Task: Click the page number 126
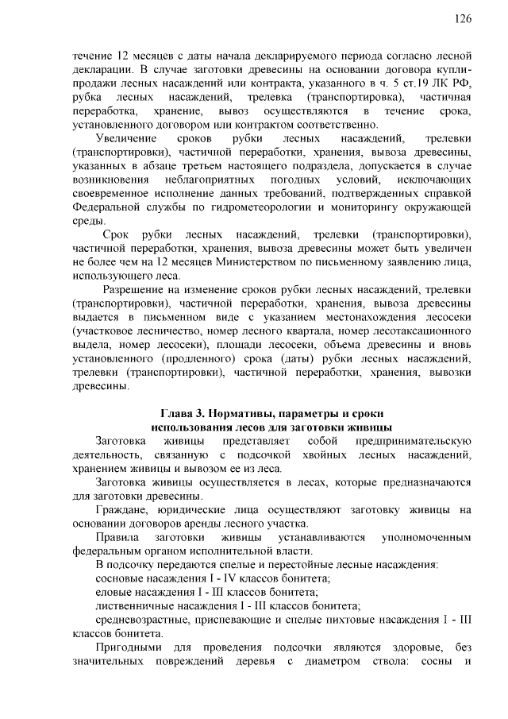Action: tap(464, 19)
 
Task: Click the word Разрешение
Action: tap(134, 290)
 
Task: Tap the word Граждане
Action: tap(121, 508)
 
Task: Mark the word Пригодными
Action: tap(127, 647)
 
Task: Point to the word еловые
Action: tap(114, 592)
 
